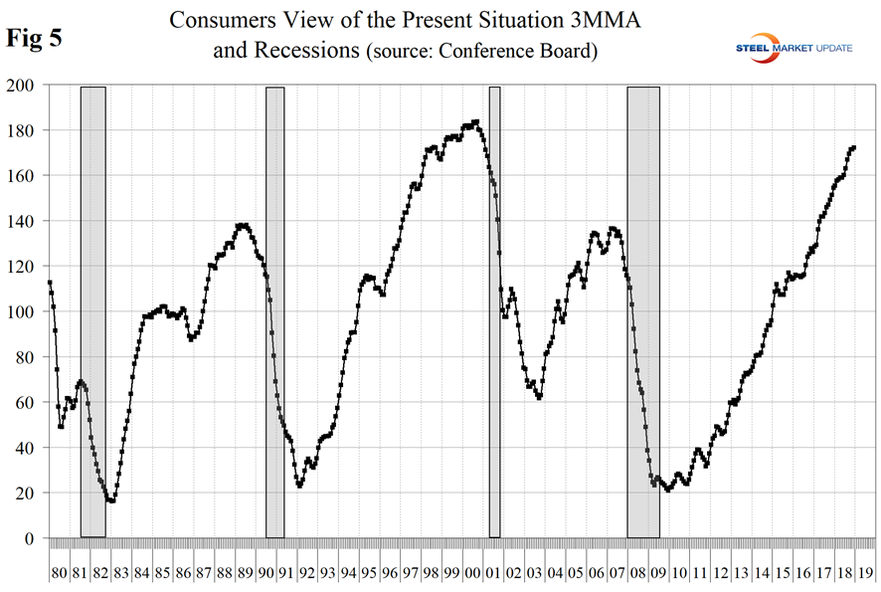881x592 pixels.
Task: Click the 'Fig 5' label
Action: pyautogui.click(x=36, y=39)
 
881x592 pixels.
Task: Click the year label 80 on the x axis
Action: pyautogui.click(x=59, y=574)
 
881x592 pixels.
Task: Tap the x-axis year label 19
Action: pyautogui.click(x=865, y=574)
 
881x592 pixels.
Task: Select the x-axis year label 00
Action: pyautogui.click(x=472, y=574)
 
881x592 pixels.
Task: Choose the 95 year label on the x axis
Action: pyautogui.click(x=369, y=574)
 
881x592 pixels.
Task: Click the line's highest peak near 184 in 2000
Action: pyautogui.click(x=477, y=122)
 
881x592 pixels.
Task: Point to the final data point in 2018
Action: pyautogui.click(x=853, y=148)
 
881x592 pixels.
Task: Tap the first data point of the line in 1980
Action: pyautogui.click(x=50, y=283)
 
